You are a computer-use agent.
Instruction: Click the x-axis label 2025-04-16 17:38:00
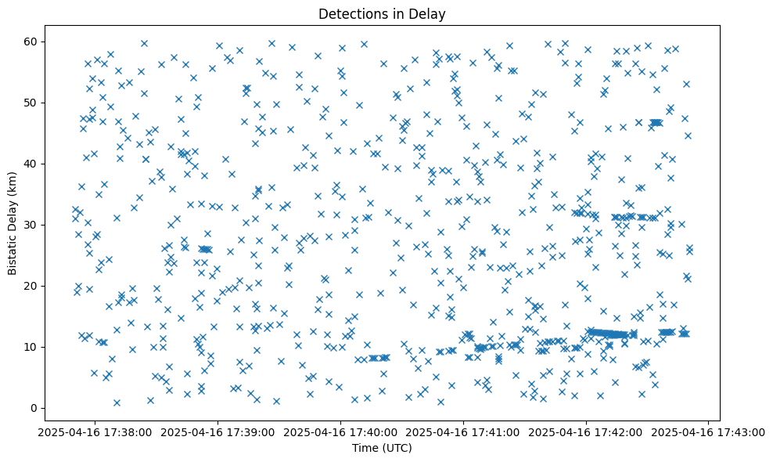pyautogui.click(x=96, y=431)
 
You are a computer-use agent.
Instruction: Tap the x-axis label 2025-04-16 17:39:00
pyautogui.click(x=218, y=431)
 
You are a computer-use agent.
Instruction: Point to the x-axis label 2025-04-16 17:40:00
pyautogui.click(x=341, y=431)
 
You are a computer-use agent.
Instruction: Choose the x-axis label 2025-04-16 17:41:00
pyautogui.click(x=463, y=431)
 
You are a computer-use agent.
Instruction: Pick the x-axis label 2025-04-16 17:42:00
pyautogui.click(x=586, y=431)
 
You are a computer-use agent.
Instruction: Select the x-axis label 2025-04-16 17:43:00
pyautogui.click(x=708, y=431)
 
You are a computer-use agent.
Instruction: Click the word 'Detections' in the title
pyautogui.click(x=350, y=14)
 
